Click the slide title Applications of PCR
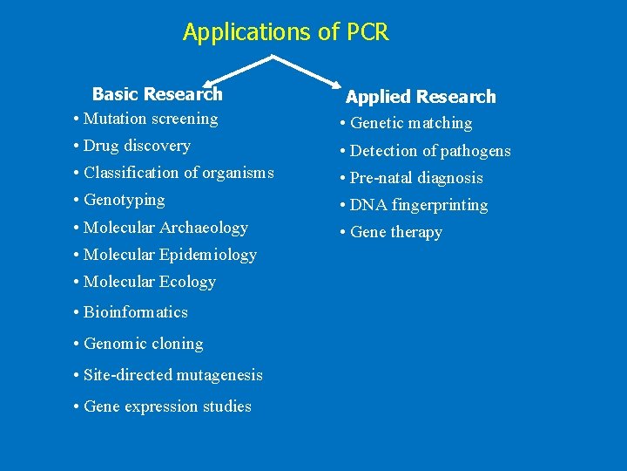click(x=286, y=33)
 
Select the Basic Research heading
click(x=158, y=94)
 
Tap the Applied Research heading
click(x=421, y=97)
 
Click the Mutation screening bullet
click(x=146, y=119)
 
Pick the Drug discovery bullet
click(x=132, y=146)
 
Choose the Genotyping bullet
click(x=120, y=200)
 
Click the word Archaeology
click(x=206, y=228)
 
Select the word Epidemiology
click(x=208, y=255)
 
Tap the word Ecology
click(x=188, y=282)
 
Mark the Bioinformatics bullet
click(x=131, y=312)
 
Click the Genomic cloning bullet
click(x=139, y=344)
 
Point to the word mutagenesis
click(x=219, y=375)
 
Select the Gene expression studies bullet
click(x=163, y=406)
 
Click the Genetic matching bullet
click(x=407, y=124)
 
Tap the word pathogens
click(x=475, y=151)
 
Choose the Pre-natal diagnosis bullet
click(x=412, y=178)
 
